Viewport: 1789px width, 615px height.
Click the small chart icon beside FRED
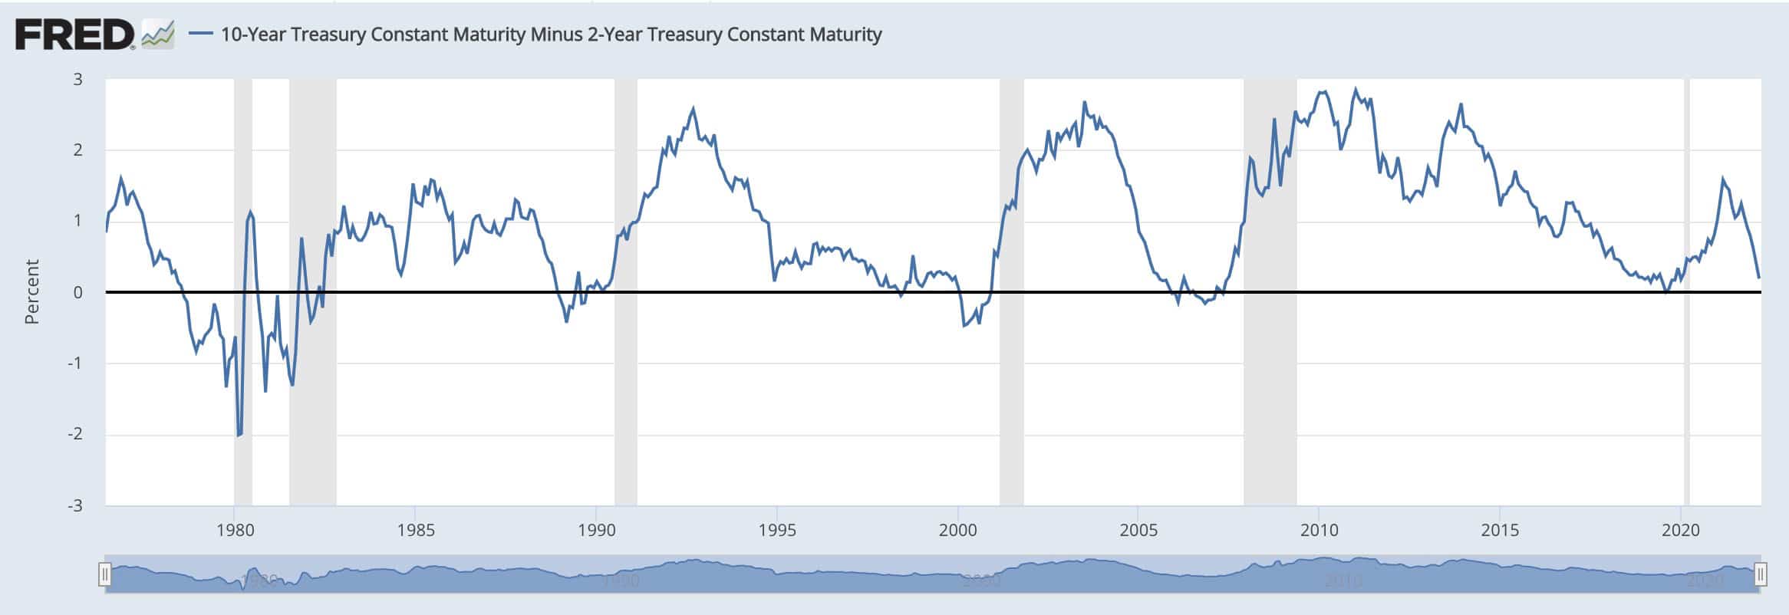pos(158,35)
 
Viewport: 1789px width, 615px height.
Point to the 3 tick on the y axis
pos(77,79)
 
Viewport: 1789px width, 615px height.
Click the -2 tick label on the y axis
pos(74,434)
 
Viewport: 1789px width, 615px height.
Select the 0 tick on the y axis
pos(77,292)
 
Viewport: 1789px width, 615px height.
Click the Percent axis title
pos(31,292)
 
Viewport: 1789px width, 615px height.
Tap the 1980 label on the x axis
pos(235,530)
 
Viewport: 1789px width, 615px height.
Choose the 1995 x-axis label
pos(777,530)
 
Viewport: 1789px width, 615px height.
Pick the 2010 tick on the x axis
pos(1319,530)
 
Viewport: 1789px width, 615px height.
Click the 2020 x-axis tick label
pos(1681,530)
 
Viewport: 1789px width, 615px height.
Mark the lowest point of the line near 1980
pos(239,436)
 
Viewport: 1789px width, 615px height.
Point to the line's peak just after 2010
pos(1356,89)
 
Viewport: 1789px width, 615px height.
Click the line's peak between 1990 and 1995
pos(694,108)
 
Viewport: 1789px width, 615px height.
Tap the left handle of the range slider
pos(105,574)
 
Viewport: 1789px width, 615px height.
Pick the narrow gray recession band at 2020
pos(1686,383)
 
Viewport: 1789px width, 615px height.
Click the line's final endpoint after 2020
pos(1759,278)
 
